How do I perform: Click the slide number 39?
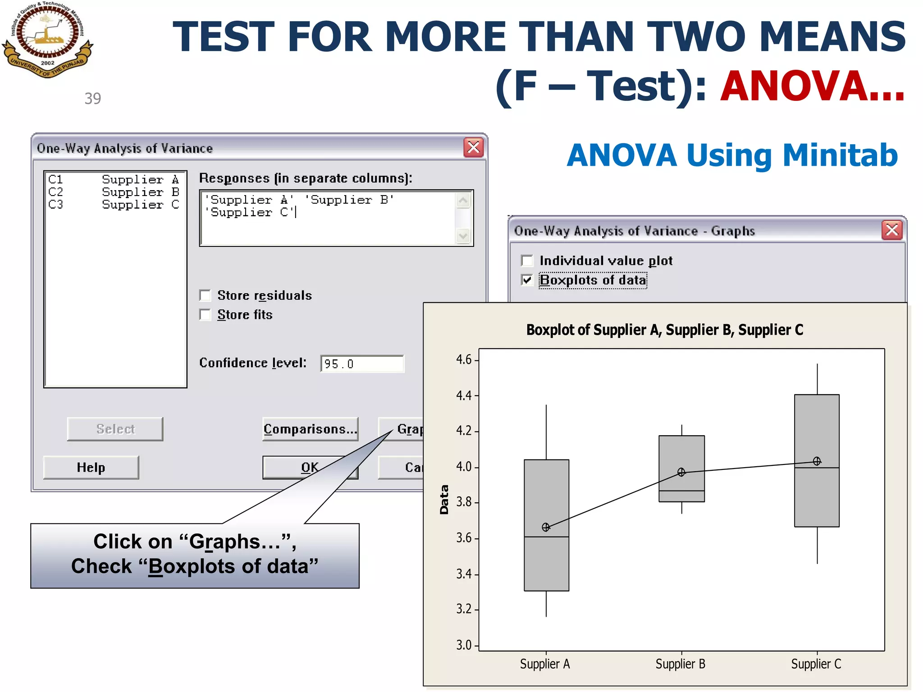tap(93, 99)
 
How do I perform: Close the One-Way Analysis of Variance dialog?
tap(473, 147)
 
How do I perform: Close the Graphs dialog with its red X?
tap(891, 230)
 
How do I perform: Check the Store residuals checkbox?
tap(206, 296)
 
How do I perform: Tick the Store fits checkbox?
tap(206, 314)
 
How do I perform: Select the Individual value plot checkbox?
tap(527, 261)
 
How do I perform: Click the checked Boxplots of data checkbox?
tap(527, 280)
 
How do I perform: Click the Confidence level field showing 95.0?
tap(362, 364)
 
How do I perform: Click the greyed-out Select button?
tap(115, 429)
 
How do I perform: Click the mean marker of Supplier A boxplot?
tap(546, 527)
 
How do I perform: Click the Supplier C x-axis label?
tap(816, 664)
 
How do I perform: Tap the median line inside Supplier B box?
tap(681, 491)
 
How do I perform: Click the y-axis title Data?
tap(444, 500)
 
